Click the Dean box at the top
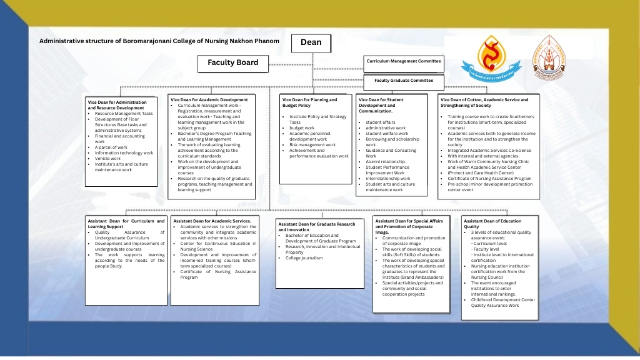311,42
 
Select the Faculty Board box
233,62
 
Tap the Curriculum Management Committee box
404,61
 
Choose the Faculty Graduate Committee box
404,81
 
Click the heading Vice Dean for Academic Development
209,99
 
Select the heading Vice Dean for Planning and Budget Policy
309,102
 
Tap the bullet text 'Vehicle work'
107,159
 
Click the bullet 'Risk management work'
312,145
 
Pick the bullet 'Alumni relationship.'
386,162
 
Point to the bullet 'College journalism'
304,258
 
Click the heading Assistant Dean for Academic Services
212,221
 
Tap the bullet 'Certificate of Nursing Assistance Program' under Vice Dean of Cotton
489,179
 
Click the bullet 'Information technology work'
124,153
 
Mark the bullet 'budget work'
302,128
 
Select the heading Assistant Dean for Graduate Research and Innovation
317,227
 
